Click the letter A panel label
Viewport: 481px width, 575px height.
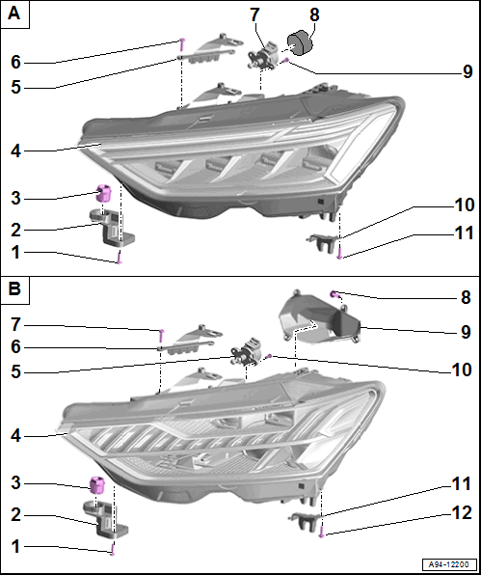click(13, 14)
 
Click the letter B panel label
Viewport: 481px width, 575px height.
click(14, 289)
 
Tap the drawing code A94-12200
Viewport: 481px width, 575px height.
click(449, 564)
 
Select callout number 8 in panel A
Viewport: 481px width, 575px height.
click(314, 15)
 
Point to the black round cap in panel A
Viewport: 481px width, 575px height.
click(299, 43)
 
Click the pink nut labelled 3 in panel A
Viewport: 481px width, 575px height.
click(103, 193)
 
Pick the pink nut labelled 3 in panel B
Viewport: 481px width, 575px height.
click(97, 484)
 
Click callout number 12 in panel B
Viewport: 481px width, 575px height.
click(462, 512)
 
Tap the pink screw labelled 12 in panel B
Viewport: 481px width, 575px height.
click(321, 531)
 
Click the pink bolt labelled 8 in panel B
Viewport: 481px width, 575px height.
click(334, 293)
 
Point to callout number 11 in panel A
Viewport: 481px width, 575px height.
click(464, 233)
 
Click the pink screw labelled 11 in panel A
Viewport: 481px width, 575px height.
click(339, 253)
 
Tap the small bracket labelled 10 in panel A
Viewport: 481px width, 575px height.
click(321, 240)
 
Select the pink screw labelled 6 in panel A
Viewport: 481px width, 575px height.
click(182, 44)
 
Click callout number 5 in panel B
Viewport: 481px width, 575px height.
click(15, 371)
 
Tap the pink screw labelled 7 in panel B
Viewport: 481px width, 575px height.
click(161, 336)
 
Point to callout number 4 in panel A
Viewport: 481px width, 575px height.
click(15, 151)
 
